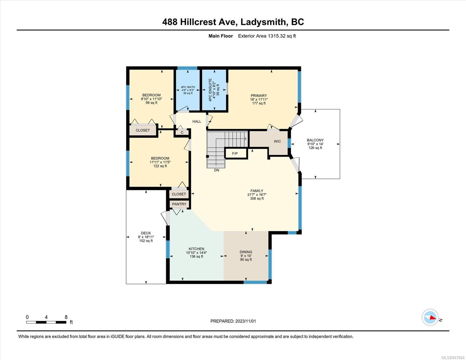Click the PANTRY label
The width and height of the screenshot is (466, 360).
(x=179, y=204)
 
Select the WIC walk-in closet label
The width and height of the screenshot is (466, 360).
(x=277, y=141)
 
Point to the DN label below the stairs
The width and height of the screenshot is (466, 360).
(x=217, y=170)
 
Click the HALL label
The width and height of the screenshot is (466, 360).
(x=197, y=121)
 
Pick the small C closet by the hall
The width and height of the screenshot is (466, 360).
(x=182, y=133)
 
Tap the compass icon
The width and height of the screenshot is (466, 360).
(x=430, y=317)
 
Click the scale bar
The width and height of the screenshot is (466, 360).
(x=46, y=322)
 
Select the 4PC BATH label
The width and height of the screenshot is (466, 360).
(x=188, y=87)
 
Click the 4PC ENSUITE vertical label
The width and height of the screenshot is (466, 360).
(x=210, y=90)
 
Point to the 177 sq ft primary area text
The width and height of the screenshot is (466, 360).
(x=259, y=103)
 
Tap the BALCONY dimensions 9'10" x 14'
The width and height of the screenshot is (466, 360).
(x=315, y=144)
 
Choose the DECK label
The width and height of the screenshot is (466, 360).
(x=146, y=233)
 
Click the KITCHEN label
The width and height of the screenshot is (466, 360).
(x=197, y=249)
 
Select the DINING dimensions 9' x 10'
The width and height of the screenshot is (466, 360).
(x=246, y=256)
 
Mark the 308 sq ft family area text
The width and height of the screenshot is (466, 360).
(x=257, y=199)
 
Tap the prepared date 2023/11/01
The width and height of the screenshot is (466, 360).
(x=245, y=321)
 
